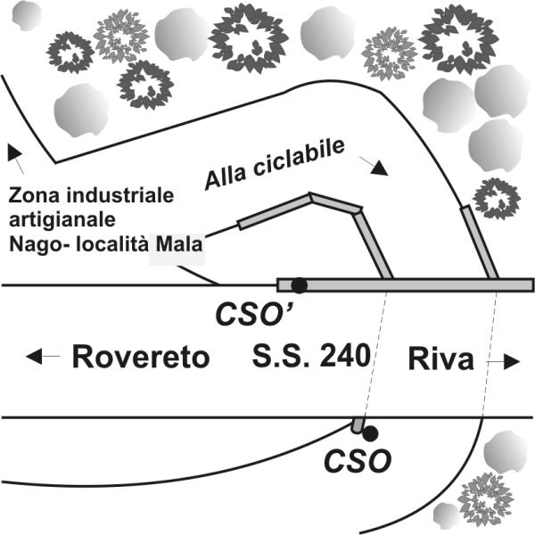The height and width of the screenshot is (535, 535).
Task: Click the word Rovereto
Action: (x=141, y=357)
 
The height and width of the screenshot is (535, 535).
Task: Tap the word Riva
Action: (x=441, y=358)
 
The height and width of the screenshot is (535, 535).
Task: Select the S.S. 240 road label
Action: (x=311, y=356)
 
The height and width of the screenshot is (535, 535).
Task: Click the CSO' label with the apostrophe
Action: (x=255, y=314)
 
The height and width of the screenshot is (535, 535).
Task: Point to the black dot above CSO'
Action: (x=300, y=285)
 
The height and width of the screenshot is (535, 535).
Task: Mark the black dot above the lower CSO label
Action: (x=371, y=433)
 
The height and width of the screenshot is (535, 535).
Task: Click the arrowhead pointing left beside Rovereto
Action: (x=34, y=356)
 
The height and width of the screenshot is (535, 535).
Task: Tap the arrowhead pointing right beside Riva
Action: (x=512, y=361)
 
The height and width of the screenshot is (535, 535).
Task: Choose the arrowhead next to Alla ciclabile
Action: (x=380, y=169)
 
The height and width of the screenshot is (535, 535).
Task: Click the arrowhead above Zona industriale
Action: (x=14, y=152)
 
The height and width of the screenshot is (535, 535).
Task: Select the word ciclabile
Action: (x=299, y=159)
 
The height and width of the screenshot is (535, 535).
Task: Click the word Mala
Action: (x=179, y=244)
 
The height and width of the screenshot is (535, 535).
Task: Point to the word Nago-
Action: (x=40, y=245)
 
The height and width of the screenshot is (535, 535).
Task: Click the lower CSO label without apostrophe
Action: (x=358, y=461)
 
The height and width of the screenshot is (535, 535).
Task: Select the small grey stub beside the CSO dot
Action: (x=358, y=425)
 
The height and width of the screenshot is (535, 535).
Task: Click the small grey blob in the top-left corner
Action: (x=26, y=15)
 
